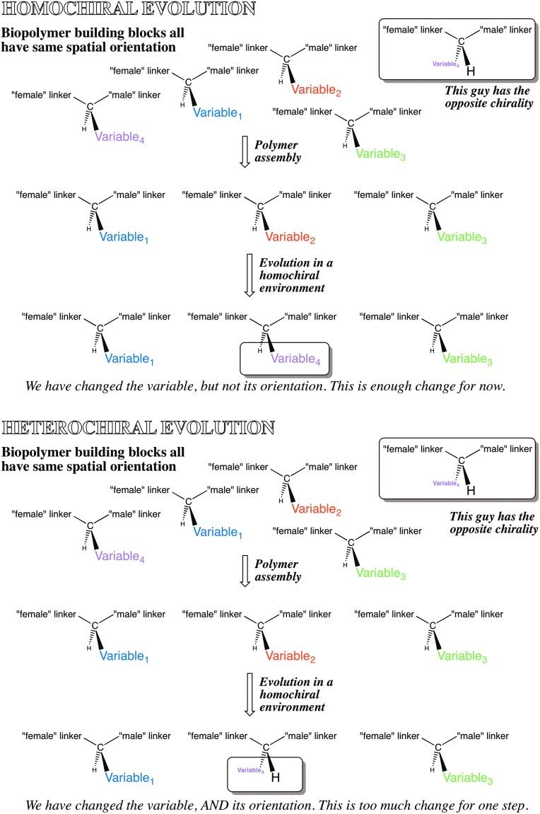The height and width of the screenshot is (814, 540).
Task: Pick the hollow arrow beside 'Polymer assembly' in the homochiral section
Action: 244,152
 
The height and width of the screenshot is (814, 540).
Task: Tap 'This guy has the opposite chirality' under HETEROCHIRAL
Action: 492,523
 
